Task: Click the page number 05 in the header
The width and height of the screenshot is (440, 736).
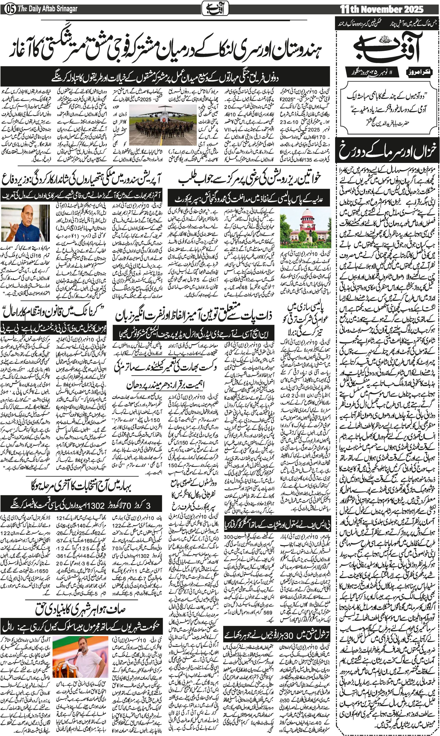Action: pos(11,9)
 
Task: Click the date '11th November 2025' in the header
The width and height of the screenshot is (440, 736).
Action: pos(382,9)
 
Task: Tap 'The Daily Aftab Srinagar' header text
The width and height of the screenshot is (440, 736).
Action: pos(48,9)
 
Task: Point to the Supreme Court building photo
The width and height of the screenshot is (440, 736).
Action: pos(305,228)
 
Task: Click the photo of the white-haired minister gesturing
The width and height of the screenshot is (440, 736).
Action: pos(25,223)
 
